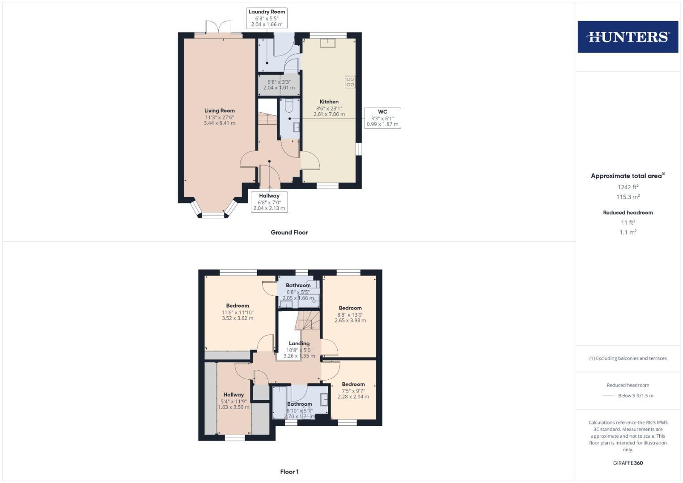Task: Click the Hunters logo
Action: pos(628,37)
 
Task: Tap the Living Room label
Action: pos(219,110)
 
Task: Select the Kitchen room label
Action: pos(329,102)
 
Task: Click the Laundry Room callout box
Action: pos(267,18)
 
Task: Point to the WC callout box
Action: pos(382,118)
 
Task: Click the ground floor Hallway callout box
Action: pos(269,202)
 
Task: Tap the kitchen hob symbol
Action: pos(350,82)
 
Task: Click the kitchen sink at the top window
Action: pos(328,42)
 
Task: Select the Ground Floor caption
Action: pos(289,233)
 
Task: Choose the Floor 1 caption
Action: pos(289,472)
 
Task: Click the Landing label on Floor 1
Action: pos(299,343)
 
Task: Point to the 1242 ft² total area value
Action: pos(628,187)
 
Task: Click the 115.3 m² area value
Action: pos(628,197)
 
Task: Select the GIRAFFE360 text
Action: pos(628,463)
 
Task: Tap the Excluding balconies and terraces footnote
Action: pos(628,358)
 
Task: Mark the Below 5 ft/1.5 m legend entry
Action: pos(635,396)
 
